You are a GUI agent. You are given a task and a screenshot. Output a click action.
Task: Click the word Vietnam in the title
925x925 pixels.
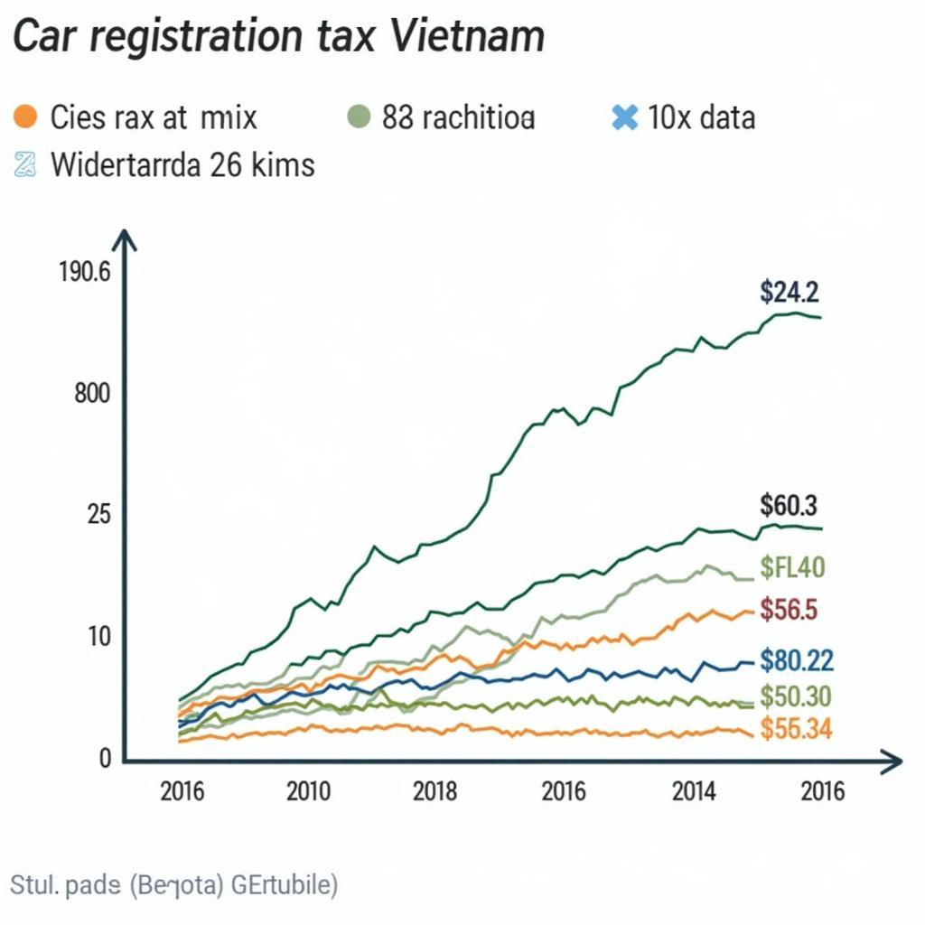pos(468,37)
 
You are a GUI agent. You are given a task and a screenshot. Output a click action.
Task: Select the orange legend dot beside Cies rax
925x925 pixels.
pos(26,117)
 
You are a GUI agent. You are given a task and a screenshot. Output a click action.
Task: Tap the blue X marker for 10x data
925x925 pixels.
pos(623,117)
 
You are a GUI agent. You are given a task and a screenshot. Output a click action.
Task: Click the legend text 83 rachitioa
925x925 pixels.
pos(459,117)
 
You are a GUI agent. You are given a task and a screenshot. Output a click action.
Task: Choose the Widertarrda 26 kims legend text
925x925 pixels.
pos(182,165)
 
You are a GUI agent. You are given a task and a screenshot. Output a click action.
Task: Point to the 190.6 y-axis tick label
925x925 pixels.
pos(84,272)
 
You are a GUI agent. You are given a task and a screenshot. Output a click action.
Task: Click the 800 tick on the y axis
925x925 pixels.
pos(92,394)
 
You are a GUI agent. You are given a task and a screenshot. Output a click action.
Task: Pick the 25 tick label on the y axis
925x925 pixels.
pos(98,515)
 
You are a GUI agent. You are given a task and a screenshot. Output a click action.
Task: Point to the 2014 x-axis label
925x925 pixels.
pos(694,792)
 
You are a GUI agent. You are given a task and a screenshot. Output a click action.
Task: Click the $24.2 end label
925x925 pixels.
pos(789,292)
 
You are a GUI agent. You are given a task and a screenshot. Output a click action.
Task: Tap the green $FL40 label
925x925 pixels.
pos(791,568)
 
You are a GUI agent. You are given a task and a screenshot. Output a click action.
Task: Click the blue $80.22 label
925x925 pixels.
pos(796,660)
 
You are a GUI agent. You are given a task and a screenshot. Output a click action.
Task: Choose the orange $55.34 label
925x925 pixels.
pos(796,728)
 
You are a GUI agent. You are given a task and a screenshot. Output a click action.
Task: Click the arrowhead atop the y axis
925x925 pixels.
pos(125,240)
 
